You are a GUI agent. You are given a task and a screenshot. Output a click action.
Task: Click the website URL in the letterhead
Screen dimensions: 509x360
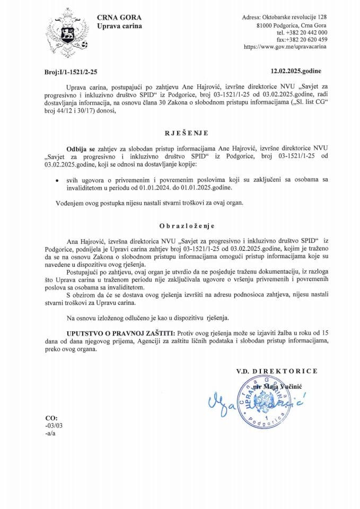pos(285,47)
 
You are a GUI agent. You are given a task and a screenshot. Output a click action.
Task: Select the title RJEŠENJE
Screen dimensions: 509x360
pos(180,134)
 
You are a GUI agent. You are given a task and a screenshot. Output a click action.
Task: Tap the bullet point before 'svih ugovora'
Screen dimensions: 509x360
pos(57,181)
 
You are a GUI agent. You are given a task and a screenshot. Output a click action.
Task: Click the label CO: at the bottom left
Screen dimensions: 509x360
pos(52,418)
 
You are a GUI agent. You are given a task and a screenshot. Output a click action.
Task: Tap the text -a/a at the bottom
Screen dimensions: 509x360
pos(51,433)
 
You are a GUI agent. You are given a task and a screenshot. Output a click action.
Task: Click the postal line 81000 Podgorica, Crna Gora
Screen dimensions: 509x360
pos(291,25)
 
